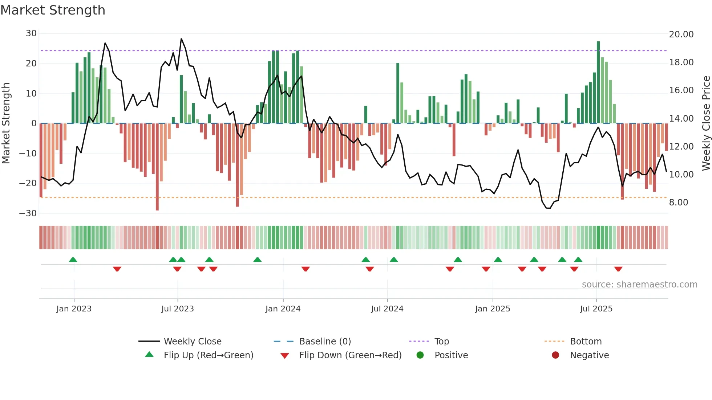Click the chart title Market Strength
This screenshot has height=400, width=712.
pyautogui.click(x=53, y=10)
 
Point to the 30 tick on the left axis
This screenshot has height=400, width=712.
pyautogui.click(x=31, y=33)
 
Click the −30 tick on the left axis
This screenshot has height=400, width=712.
pyautogui.click(x=28, y=213)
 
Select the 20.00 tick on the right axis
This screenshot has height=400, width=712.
pyautogui.click(x=681, y=34)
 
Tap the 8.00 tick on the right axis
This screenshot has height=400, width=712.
pyautogui.click(x=679, y=203)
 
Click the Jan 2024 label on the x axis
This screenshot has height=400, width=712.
pyautogui.click(x=283, y=309)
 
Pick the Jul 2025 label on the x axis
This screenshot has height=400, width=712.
pyautogui.click(x=596, y=309)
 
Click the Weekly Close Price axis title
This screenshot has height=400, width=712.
pyautogui.click(x=706, y=123)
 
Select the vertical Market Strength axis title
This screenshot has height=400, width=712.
pyautogui.click(x=6, y=123)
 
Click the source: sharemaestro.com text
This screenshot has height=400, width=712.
pyautogui.click(x=639, y=285)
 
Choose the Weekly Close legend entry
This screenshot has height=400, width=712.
pyautogui.click(x=193, y=342)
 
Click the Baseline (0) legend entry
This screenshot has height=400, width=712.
pyautogui.click(x=325, y=342)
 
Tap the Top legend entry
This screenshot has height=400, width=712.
pyautogui.click(x=442, y=342)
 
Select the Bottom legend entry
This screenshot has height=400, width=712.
pyautogui.click(x=586, y=342)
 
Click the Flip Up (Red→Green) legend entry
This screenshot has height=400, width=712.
pyautogui.click(x=208, y=355)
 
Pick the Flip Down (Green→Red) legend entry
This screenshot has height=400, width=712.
pyautogui.click(x=350, y=355)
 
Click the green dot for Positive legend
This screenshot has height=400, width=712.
pyautogui.click(x=420, y=355)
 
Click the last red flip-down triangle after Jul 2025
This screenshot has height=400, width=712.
pyautogui.click(x=618, y=269)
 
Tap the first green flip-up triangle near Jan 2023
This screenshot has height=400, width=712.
pyautogui.click(x=73, y=260)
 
